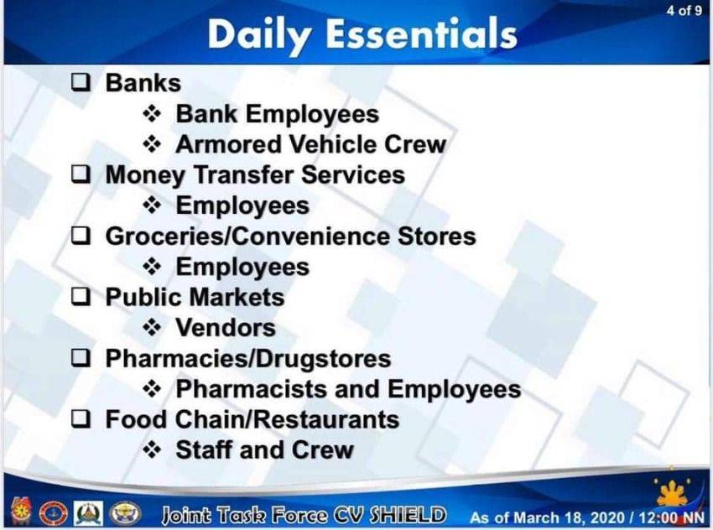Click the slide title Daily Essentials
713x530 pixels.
click(362, 34)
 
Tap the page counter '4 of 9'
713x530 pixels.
click(684, 10)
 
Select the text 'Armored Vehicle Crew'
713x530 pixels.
click(311, 144)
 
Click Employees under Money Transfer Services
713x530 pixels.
click(242, 206)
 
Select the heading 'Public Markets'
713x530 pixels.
click(195, 297)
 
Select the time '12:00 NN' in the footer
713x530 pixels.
click(671, 517)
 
